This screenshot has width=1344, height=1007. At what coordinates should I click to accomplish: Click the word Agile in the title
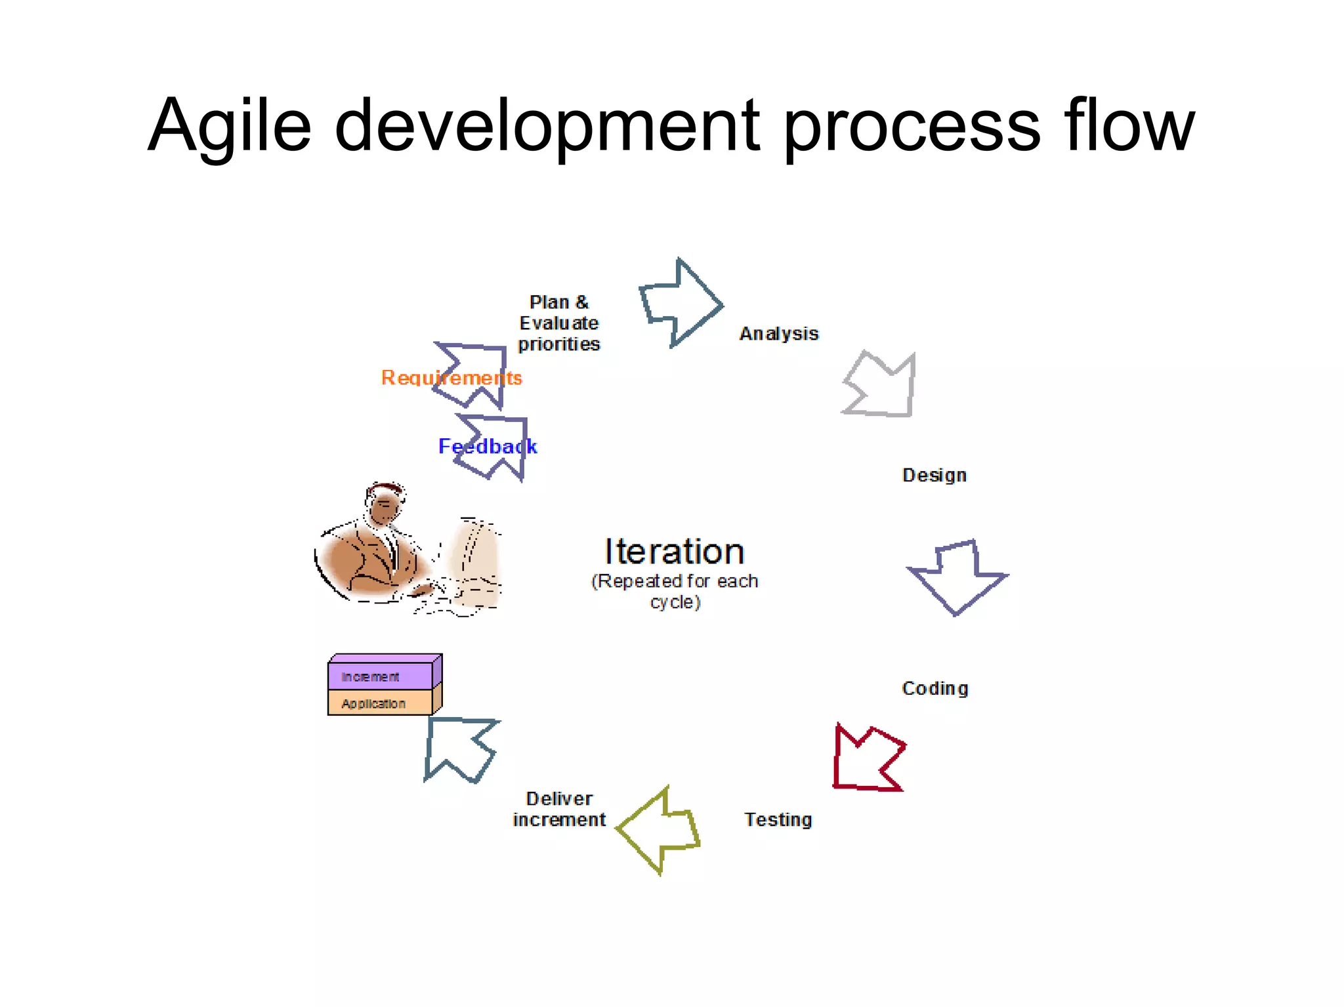click(229, 126)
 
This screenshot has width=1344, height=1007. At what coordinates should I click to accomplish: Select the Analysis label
click(778, 334)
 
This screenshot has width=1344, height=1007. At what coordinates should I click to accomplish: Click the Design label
click(934, 475)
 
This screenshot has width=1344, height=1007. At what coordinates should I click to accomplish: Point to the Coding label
click(934, 688)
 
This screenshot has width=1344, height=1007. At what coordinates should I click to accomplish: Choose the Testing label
click(778, 819)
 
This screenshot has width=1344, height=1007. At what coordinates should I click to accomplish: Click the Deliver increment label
click(559, 809)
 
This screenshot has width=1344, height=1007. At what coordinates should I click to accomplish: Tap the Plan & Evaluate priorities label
click(558, 323)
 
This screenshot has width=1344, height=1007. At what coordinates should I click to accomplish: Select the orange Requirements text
click(451, 378)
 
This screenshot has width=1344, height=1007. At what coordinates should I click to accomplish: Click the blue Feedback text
click(487, 447)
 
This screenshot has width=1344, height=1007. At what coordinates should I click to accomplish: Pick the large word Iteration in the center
click(674, 551)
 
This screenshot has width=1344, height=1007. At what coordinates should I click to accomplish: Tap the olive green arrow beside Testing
click(660, 830)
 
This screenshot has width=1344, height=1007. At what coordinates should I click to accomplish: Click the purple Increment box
click(381, 676)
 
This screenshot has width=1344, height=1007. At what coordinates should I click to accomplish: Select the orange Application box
click(381, 703)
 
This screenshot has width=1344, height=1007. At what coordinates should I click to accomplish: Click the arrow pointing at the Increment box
click(459, 748)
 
